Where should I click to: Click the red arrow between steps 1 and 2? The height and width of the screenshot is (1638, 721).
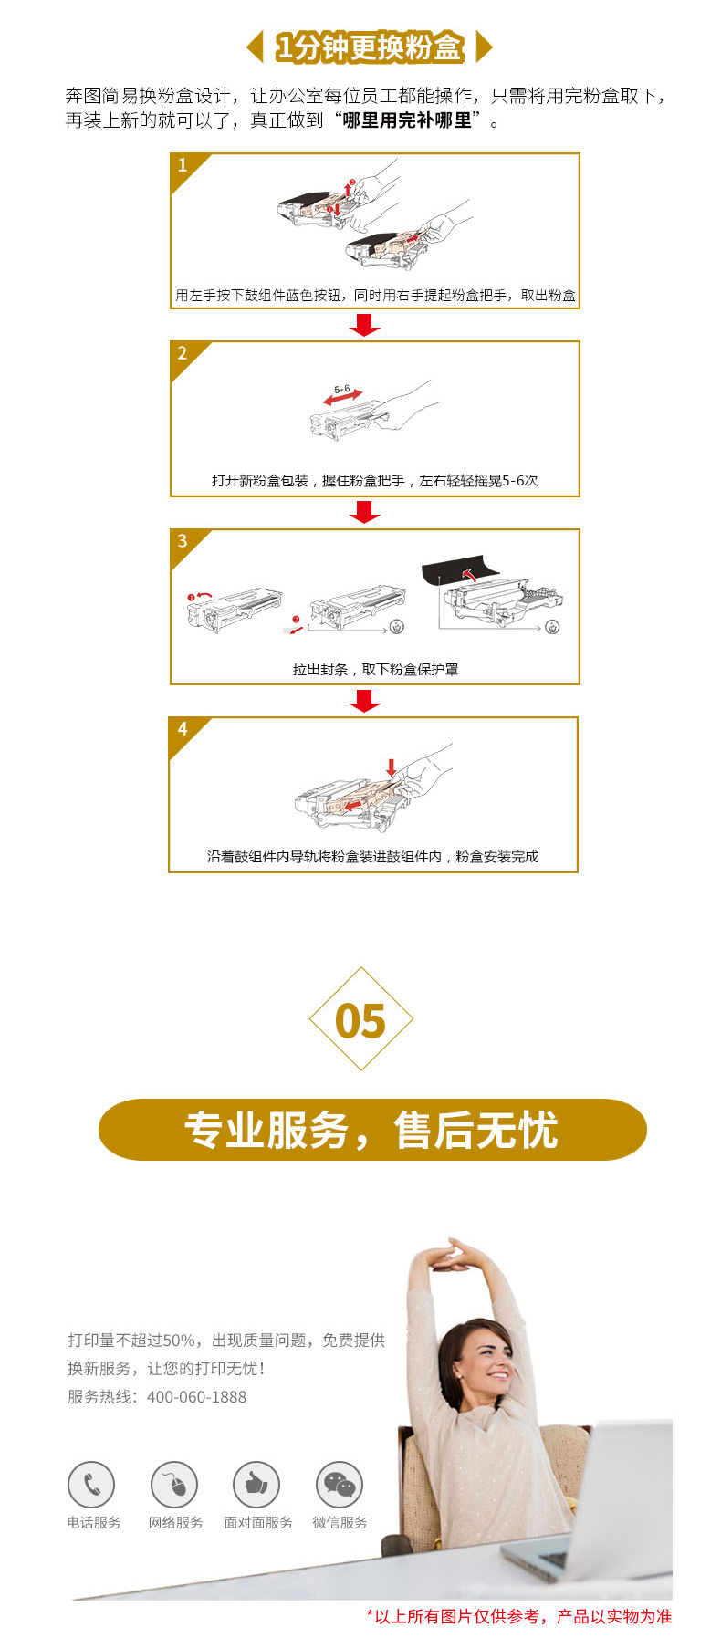click(365, 325)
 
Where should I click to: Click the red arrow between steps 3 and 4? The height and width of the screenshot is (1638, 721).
click(365, 701)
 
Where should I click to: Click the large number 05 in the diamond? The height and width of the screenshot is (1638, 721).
click(360, 1021)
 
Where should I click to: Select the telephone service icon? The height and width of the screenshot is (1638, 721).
click(91, 1485)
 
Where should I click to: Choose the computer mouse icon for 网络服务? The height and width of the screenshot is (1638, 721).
click(174, 1485)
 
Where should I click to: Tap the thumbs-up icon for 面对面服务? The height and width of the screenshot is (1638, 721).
click(256, 1485)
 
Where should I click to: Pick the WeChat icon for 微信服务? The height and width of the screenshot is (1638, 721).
click(340, 1485)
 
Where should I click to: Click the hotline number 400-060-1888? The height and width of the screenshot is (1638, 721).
click(196, 1397)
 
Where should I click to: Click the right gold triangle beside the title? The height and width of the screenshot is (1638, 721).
click(485, 47)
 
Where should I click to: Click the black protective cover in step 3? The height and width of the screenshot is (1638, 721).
click(461, 570)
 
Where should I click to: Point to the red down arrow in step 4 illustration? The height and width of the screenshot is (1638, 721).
click(392, 767)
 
